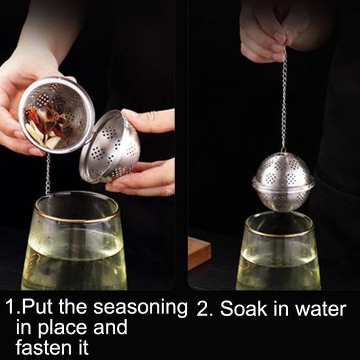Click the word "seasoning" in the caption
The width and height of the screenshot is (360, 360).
[140, 308]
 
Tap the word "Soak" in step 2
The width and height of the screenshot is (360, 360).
[244, 308]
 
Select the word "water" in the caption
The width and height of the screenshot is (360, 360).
[321, 309]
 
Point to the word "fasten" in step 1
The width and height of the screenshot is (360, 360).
[44, 347]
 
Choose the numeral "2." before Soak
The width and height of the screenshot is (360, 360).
[205, 308]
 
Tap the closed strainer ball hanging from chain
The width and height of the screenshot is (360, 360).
[283, 182]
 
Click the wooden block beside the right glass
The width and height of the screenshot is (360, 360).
[199, 253]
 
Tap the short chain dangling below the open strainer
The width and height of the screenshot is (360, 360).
[48, 174]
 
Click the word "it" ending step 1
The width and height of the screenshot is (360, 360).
[82, 347]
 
